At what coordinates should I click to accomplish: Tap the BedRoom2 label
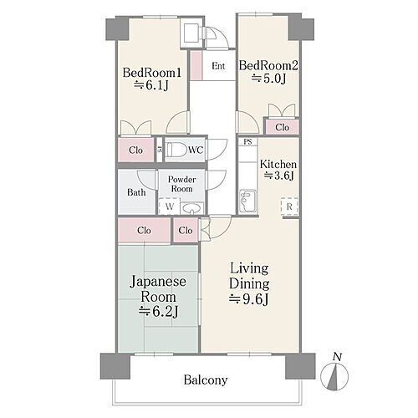coord(268,64)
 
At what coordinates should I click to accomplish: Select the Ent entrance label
coord(218,66)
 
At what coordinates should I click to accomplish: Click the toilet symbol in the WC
coord(175,150)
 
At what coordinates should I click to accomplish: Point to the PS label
coord(247,142)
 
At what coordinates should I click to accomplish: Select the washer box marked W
coord(169,207)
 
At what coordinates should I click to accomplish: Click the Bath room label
coord(136,192)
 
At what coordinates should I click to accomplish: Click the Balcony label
coord(205,380)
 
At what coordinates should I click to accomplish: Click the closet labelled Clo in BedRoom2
coord(282,127)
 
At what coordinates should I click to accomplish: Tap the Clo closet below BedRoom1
coord(135,150)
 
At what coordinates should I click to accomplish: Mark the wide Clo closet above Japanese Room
coord(144,230)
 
